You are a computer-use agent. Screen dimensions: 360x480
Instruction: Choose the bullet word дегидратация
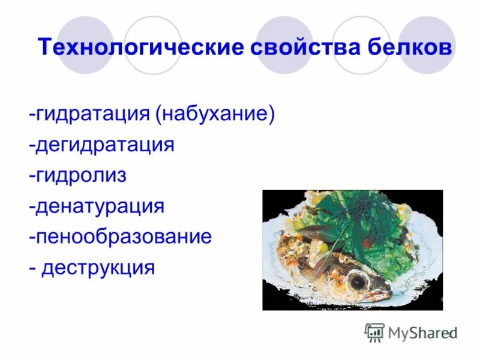click(x=105, y=145)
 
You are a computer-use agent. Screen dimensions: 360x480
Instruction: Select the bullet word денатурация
click(x=100, y=206)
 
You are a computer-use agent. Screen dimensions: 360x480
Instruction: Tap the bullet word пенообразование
click(x=124, y=236)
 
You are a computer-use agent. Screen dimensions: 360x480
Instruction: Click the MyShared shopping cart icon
click(x=374, y=332)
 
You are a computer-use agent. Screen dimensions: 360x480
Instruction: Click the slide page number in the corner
click(x=448, y=334)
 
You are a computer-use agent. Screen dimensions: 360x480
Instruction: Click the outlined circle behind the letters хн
click(x=152, y=44)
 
